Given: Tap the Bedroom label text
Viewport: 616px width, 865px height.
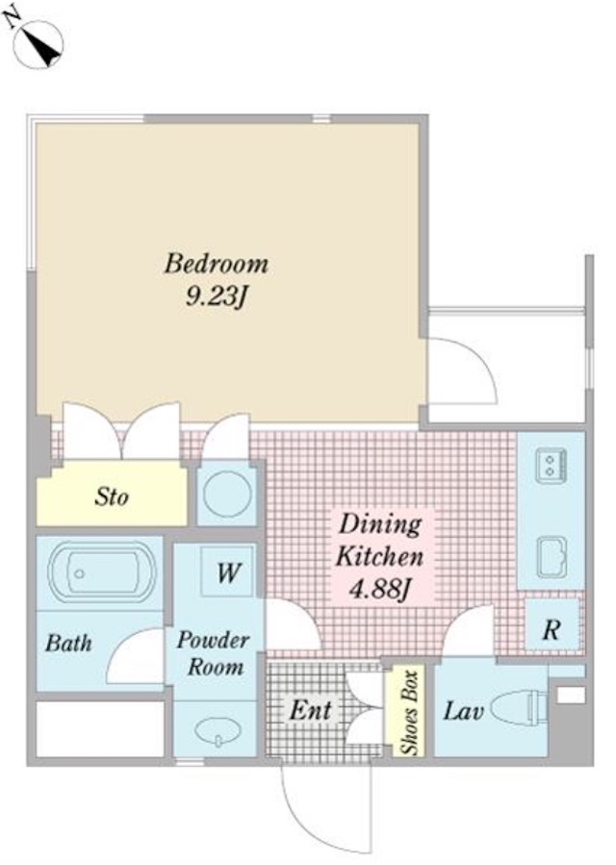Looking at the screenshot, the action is click(217, 264).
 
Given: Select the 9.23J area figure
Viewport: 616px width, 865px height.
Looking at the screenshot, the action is click(216, 298).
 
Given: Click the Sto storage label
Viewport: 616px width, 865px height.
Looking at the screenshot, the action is click(112, 496).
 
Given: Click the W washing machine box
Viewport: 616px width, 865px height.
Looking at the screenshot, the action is click(228, 572).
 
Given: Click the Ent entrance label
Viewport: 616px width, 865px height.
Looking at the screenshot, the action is click(311, 710).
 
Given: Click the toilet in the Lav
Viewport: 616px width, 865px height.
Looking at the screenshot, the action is click(520, 708).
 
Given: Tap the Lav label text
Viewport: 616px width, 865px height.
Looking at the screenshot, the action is click(463, 710).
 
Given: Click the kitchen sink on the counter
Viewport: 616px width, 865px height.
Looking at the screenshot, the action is click(551, 557).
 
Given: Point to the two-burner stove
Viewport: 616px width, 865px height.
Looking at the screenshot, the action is click(551, 464).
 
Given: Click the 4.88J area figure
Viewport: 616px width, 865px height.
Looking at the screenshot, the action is click(380, 590).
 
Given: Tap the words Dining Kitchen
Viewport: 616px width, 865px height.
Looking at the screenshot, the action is click(380, 540).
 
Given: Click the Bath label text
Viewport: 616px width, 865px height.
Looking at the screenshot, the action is click(68, 643).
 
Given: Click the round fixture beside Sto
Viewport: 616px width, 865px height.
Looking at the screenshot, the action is click(227, 492).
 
